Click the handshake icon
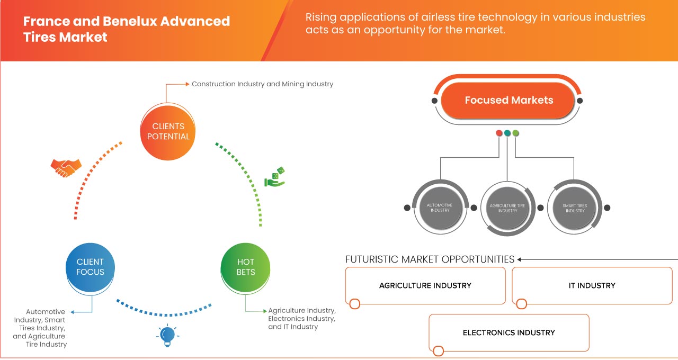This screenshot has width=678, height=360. [x=66, y=168]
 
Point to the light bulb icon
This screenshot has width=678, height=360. [x=167, y=335]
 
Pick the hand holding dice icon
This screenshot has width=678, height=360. [x=275, y=177]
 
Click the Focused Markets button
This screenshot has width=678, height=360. [x=508, y=100]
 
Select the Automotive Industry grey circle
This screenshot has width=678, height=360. [x=440, y=208]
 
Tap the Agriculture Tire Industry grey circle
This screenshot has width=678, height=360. [x=507, y=208]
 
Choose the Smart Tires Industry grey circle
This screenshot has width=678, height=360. [x=575, y=208]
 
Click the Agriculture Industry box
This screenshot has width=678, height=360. [x=425, y=285]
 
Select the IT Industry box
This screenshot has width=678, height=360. [x=592, y=285]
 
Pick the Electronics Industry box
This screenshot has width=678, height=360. [x=508, y=332]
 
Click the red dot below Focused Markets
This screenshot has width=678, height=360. [x=499, y=133]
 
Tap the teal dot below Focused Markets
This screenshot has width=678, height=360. [x=507, y=133]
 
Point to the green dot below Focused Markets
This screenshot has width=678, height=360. [x=516, y=133]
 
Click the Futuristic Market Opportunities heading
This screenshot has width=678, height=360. [x=430, y=259]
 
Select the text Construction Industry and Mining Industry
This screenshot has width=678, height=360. [x=262, y=84]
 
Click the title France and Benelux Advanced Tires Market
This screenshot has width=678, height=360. [x=127, y=29]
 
